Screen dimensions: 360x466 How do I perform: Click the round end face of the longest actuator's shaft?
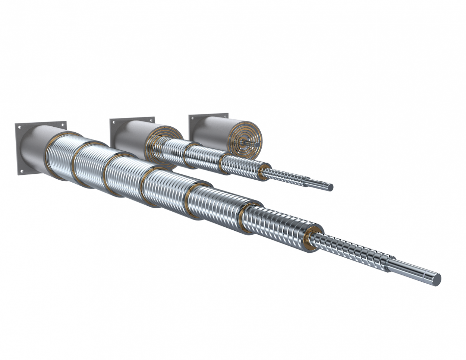[436, 279]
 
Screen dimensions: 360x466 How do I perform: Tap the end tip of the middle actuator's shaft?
[330, 187]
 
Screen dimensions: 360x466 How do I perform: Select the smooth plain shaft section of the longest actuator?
[410, 270]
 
